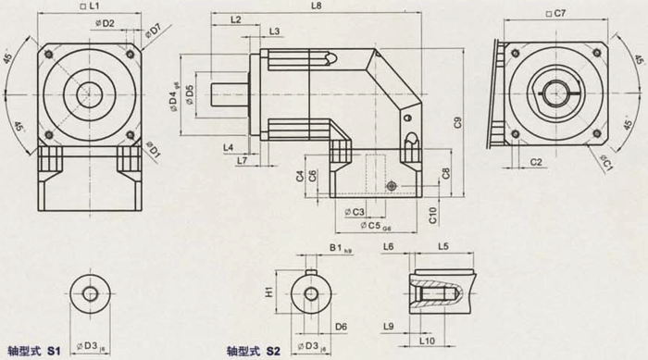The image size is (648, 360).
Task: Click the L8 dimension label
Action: coord(317,6)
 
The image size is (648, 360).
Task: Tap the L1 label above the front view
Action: coord(90,6)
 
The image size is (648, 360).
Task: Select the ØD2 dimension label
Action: coord(103,22)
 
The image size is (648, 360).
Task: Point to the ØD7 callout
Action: coord(156,30)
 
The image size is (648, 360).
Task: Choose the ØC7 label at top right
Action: coord(555,12)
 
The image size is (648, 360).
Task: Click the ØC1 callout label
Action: coord(606,164)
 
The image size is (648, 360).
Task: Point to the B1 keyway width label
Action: coord(338,249)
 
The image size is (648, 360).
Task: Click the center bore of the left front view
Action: coord(90,93)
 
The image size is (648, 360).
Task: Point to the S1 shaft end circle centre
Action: coord(91,295)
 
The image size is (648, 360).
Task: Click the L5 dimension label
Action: coord(443,248)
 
